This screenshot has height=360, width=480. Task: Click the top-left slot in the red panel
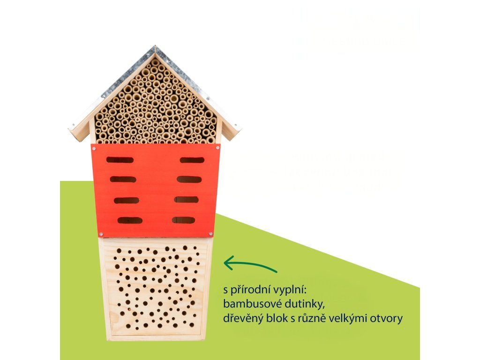coord(120,160)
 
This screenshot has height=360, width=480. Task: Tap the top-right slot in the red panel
coord(192,160)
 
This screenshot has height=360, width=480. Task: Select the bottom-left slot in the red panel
coord(130,220)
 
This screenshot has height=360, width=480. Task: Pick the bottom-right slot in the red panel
coord(183,220)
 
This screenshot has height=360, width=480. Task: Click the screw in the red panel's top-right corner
coord(217,147)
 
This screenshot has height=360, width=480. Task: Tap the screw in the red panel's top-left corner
coord(94,146)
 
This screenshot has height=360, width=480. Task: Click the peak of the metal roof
coord(155,47)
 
